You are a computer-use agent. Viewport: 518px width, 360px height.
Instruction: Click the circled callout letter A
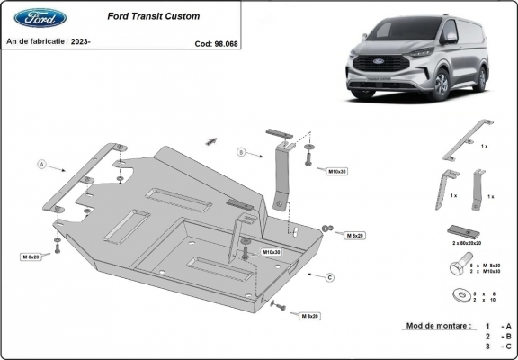[x=41, y=165]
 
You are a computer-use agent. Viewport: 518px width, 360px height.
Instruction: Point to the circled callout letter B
[x=241, y=152]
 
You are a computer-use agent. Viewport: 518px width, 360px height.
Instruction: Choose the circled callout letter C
[x=329, y=276]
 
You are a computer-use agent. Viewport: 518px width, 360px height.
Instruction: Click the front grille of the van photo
[x=368, y=75]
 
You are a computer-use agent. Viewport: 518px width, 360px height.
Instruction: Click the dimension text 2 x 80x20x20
[x=468, y=243]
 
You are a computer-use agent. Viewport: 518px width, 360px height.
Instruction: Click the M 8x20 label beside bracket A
[x=31, y=256]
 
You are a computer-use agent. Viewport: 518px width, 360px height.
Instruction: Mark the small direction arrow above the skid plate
[x=213, y=140]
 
